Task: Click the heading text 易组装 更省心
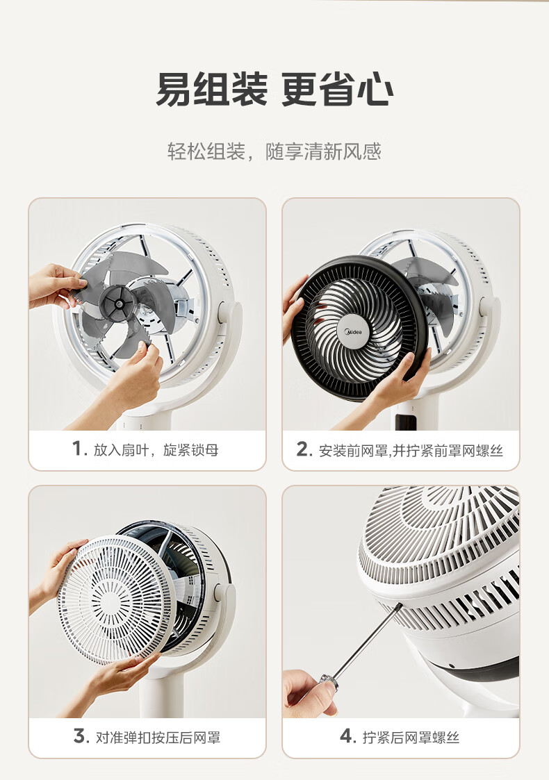coord(274,90)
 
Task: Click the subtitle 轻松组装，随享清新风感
coord(274,151)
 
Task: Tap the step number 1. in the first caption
coord(80,449)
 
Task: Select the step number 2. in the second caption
coord(304,449)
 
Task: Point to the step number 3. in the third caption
coord(81,736)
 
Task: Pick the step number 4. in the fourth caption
coord(348,736)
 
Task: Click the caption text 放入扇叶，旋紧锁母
coord(156,449)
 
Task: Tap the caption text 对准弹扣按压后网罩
coord(158,737)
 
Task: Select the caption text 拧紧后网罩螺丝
coord(411,737)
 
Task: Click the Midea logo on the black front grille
coord(354,332)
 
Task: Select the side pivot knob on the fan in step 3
coord(219,592)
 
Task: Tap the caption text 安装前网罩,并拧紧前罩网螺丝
coord(411,450)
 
